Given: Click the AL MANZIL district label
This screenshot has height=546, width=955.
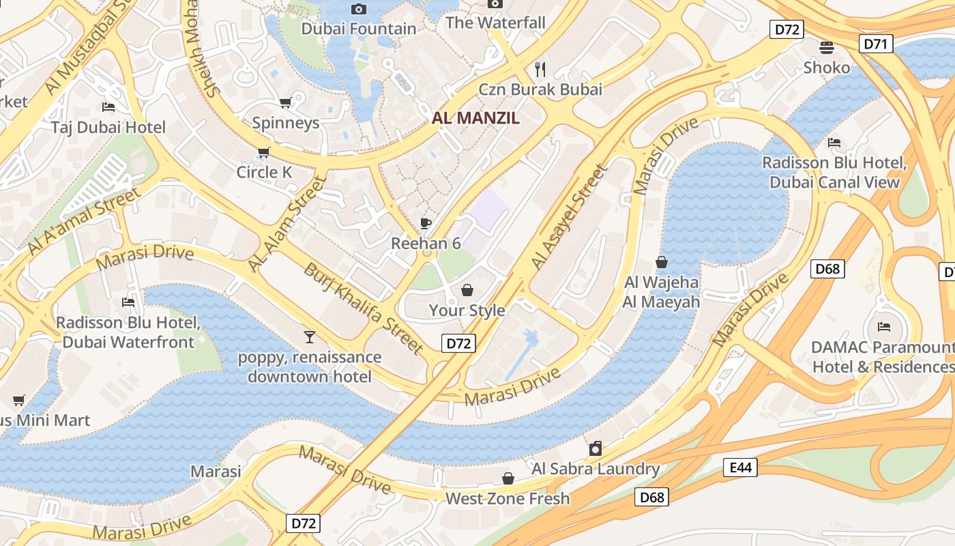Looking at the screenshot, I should (475, 117).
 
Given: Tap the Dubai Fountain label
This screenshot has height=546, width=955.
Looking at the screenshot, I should (358, 29).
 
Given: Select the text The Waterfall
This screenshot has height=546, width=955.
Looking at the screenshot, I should (495, 23).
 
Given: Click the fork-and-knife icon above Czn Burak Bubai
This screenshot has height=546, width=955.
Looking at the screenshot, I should (541, 69).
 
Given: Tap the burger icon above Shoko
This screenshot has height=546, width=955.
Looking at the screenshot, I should (827, 47).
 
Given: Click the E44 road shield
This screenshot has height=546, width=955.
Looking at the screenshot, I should (740, 468).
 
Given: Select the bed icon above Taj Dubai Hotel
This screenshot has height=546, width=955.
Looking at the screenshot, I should (108, 106).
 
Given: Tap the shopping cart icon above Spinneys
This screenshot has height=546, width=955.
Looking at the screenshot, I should (285, 102).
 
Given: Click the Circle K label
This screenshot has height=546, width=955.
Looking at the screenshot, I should (264, 172).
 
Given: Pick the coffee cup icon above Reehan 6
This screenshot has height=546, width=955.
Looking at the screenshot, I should (426, 223).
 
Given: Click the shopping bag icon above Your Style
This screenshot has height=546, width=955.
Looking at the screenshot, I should (467, 290).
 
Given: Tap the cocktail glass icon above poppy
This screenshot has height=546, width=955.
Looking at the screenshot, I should (310, 336).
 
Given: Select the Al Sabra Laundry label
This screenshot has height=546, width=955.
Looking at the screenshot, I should (596, 469).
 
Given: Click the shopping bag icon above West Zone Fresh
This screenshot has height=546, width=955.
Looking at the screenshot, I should (508, 478).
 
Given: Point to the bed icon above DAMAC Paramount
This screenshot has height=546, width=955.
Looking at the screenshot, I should (884, 326).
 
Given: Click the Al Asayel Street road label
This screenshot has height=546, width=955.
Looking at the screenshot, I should (568, 216).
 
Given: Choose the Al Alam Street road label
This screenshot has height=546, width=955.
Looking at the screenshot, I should (287, 223).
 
